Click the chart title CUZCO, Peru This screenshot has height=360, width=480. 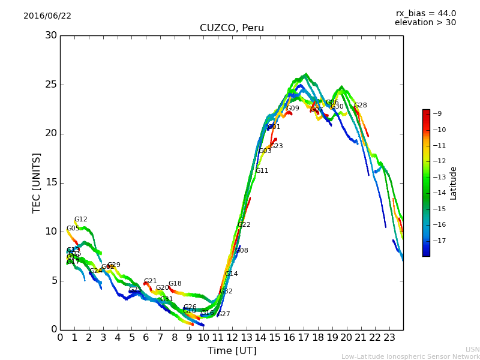coord(232,28)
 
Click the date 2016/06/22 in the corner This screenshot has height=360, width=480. coord(47,16)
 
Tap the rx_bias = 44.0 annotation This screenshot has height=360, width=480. coord(425,13)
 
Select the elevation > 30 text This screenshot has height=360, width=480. coord(425,23)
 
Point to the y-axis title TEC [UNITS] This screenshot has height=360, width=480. coord(37,182)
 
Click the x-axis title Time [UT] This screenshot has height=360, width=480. coord(232,351)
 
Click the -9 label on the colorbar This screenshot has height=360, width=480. coord(437,114)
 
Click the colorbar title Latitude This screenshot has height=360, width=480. coord(454,182)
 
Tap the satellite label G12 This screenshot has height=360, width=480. coord(81,220)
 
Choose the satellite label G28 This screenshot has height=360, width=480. coord(360,106)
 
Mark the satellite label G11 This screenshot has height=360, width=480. coord(262,171)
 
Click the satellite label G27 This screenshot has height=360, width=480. coord(223,314)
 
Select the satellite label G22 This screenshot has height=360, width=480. coord(244,225)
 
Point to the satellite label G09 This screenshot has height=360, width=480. coord(292,109)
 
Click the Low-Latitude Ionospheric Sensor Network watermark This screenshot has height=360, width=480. coord(410,356)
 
